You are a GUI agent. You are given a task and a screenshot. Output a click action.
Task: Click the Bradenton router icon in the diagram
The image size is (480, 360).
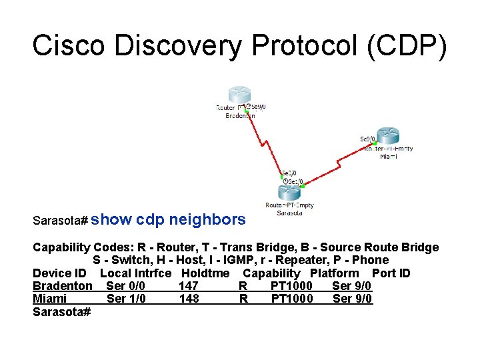point(239,95)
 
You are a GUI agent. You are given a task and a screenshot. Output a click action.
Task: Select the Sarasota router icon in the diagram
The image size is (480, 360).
point(289,193)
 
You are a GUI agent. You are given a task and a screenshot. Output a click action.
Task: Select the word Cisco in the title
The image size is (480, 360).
point(69,46)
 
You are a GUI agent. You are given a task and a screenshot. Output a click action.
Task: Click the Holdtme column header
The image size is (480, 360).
point(205,273)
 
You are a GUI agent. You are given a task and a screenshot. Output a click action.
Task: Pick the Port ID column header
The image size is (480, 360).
point(391,273)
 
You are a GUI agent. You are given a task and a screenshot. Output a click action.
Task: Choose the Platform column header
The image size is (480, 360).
point(334,273)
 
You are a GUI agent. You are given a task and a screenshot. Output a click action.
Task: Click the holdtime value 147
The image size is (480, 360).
point(189,286)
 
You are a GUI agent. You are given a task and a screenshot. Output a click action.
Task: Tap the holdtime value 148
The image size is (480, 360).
point(189,299)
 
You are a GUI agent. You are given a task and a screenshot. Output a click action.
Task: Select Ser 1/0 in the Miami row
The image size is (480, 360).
point(126,299)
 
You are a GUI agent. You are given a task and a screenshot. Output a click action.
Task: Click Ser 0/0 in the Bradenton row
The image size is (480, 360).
point(125,286)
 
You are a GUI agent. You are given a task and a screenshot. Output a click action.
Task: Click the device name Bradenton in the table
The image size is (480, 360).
point(63,286)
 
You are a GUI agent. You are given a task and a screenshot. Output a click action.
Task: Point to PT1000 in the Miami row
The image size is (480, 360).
point(291,299)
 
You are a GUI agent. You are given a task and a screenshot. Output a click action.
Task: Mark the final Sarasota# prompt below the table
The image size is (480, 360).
point(61,311)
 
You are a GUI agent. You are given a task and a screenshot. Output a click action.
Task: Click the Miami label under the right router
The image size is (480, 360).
point(388,157)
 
